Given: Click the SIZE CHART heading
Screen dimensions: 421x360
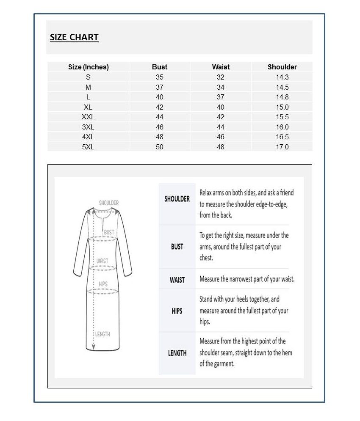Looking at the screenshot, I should (x=74, y=37).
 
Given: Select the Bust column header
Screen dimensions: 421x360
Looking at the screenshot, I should (x=160, y=67).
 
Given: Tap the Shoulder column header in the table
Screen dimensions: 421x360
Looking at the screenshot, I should (x=282, y=67).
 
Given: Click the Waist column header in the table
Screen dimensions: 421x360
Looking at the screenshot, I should (x=221, y=67).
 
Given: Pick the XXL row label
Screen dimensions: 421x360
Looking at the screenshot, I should (x=88, y=117).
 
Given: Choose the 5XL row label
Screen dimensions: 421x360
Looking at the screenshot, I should (x=88, y=147).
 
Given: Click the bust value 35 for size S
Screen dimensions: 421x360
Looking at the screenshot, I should (x=160, y=77).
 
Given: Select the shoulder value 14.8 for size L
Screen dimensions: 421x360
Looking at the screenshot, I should (x=282, y=97).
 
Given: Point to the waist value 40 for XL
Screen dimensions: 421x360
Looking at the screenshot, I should (x=221, y=107).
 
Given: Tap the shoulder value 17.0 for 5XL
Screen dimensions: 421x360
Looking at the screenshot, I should (x=282, y=147).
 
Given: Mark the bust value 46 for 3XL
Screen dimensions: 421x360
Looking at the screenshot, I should (x=160, y=127).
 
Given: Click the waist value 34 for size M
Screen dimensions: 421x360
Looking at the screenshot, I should (x=221, y=87).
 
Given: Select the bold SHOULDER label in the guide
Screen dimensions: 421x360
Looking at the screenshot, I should (x=177, y=199).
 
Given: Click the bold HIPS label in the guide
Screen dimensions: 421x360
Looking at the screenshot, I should (x=177, y=311).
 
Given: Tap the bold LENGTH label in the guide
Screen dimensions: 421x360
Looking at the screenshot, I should (x=177, y=353).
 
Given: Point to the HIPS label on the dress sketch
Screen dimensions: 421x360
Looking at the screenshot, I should (x=103, y=284).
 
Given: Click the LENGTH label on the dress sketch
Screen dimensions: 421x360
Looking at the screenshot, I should (x=102, y=334).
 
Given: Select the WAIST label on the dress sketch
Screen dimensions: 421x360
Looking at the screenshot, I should (x=102, y=261).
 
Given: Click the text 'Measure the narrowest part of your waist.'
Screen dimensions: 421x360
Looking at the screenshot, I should (x=247, y=279).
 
